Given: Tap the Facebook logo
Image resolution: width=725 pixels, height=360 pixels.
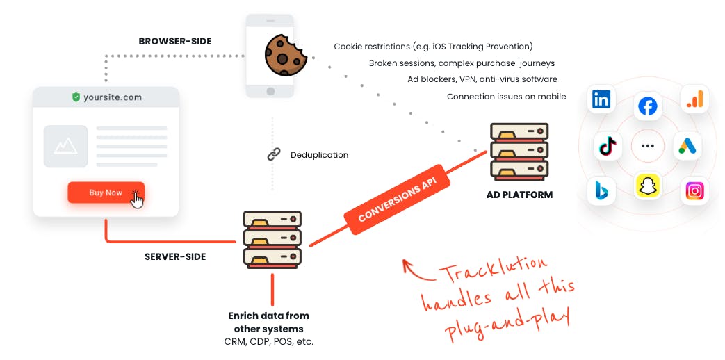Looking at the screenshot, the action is point(647,107).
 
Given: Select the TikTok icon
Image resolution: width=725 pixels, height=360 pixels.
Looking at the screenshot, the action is point(608,146).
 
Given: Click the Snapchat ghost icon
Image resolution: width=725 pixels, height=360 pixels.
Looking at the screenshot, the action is point(647,186).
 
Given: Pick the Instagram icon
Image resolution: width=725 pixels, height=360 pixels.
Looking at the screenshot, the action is point(694,191).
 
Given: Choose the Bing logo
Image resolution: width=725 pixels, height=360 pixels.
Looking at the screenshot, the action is point(601,191).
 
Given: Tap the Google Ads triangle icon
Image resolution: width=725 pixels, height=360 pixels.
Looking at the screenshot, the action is point(687,146).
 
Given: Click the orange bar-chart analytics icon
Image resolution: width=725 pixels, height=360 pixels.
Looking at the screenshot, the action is point(694,99).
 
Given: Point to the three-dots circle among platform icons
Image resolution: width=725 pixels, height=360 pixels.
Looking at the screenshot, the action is point(648,146).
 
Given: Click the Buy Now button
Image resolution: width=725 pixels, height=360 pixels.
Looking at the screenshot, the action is point(106,193).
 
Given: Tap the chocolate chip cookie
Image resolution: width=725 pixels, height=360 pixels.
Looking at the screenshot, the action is point(285,56).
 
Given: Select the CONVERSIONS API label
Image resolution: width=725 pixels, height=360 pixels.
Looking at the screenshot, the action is point(397,199).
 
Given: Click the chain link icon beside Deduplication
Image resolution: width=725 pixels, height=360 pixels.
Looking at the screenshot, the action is point(274,155).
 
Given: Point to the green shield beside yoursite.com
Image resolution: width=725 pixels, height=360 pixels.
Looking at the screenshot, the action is point(76,97).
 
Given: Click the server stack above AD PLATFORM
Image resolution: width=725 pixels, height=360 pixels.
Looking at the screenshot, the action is point(519,151).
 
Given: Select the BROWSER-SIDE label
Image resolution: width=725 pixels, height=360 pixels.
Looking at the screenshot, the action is point(175,41).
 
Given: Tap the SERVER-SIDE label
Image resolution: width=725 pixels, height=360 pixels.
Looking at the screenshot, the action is point(175,256).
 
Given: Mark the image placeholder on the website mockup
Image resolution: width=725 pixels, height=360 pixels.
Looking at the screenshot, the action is point(65,146).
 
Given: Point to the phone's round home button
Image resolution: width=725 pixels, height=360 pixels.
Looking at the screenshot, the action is point(270,90).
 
